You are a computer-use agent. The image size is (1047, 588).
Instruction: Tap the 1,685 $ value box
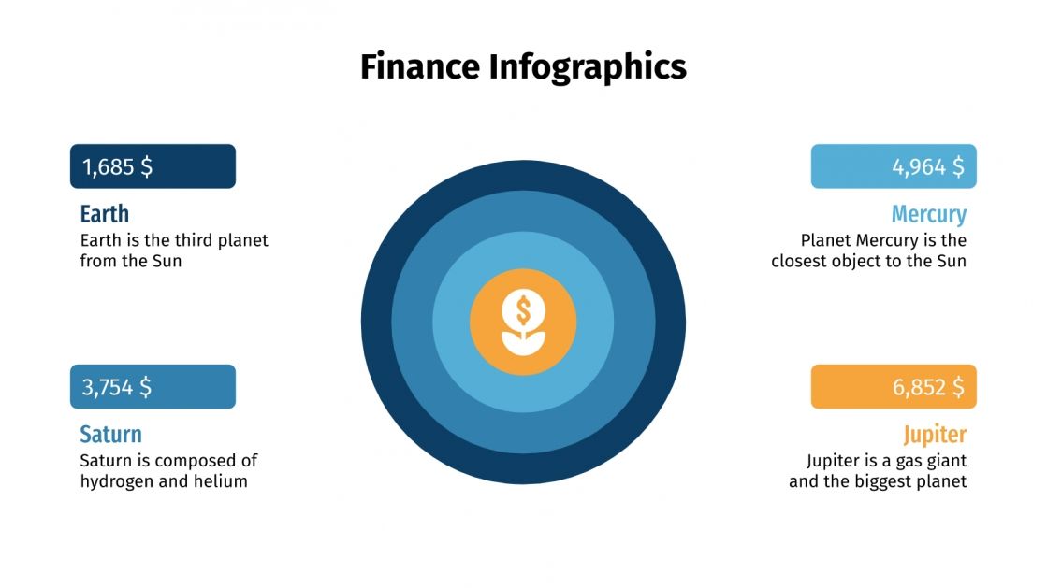[153, 166]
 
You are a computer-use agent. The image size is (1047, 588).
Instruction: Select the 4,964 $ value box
[894, 166]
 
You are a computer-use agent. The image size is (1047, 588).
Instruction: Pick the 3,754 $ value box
[153, 386]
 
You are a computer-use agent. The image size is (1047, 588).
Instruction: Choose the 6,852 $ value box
[894, 386]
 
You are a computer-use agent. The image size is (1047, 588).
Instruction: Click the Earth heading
[104, 214]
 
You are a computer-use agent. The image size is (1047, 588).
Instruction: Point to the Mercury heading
[928, 214]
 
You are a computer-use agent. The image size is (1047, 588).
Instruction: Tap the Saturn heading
[110, 434]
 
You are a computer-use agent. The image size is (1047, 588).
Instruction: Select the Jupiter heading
[935, 434]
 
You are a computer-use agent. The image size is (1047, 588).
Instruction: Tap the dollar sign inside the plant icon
[523, 307]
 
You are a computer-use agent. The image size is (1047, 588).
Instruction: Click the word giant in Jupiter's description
[945, 461]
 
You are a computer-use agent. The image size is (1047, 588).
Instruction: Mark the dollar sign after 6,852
[957, 387]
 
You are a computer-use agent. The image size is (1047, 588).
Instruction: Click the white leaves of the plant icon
[523, 341]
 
